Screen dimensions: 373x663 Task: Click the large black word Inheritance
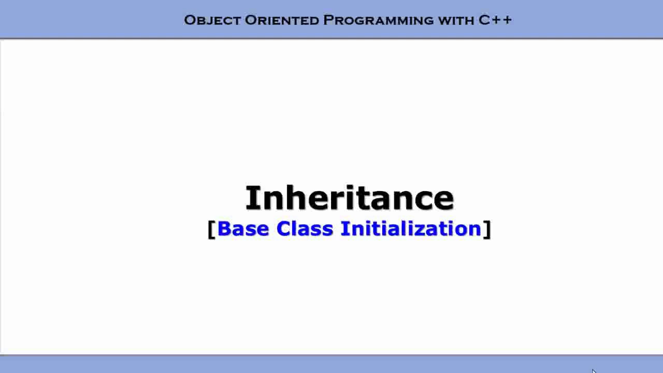pos(350,198)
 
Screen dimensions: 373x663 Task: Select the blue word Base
pos(243,228)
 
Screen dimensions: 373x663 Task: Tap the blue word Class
pos(305,228)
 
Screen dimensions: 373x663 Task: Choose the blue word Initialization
pos(411,228)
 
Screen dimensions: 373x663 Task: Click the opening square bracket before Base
pos(211,229)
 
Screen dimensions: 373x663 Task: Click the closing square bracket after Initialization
pos(487,229)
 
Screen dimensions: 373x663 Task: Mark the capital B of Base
pos(224,228)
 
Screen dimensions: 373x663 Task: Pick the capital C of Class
pos(283,228)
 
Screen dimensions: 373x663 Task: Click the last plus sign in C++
pos(507,20)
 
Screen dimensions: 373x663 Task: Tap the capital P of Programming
pos(328,20)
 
